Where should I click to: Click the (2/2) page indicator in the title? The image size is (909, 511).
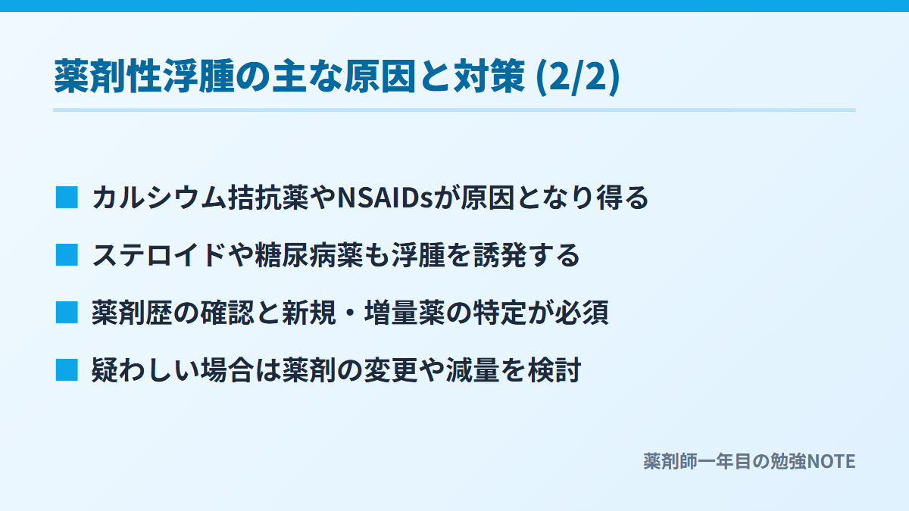click(578, 76)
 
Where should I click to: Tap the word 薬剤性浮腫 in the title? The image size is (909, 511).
click(144, 76)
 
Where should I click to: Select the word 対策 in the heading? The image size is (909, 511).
click(489, 76)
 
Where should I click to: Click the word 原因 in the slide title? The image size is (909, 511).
click(380, 76)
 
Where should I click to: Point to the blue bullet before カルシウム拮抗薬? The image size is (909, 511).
click(67, 198)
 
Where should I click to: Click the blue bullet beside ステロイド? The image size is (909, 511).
click(67, 254)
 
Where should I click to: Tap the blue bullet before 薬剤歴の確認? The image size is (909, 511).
click(67, 312)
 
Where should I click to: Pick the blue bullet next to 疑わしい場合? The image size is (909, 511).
click(67, 370)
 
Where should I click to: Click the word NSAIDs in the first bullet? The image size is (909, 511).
click(385, 198)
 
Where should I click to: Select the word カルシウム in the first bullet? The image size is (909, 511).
click(159, 198)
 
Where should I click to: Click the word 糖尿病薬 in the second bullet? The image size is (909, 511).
click(309, 256)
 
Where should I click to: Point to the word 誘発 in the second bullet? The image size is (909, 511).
click(500, 256)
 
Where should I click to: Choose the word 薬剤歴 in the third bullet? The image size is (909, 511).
click(133, 313)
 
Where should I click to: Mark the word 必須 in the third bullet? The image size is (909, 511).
click(582, 313)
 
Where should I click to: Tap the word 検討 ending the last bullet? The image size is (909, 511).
click(554, 370)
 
